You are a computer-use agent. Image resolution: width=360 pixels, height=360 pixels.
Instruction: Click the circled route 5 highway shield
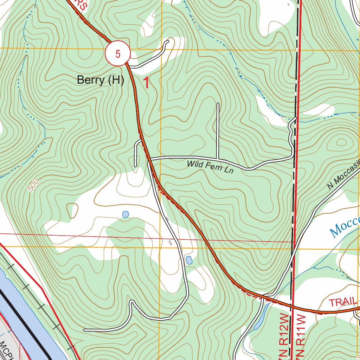tap(118, 53)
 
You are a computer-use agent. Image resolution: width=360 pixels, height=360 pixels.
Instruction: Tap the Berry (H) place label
tap(101, 80)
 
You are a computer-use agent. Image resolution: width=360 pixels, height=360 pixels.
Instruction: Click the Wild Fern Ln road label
tap(210, 166)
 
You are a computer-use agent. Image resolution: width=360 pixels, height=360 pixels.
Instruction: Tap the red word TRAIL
tap(343, 302)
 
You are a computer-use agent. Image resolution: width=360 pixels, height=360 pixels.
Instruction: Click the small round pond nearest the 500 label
tap(126, 214)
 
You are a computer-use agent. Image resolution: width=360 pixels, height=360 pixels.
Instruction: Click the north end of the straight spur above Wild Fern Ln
tap(218, 104)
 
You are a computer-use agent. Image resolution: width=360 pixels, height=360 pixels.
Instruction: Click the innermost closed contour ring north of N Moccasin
tap(341, 142)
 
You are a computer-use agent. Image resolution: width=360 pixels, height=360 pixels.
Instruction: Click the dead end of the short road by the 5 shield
tap(168, 41)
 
